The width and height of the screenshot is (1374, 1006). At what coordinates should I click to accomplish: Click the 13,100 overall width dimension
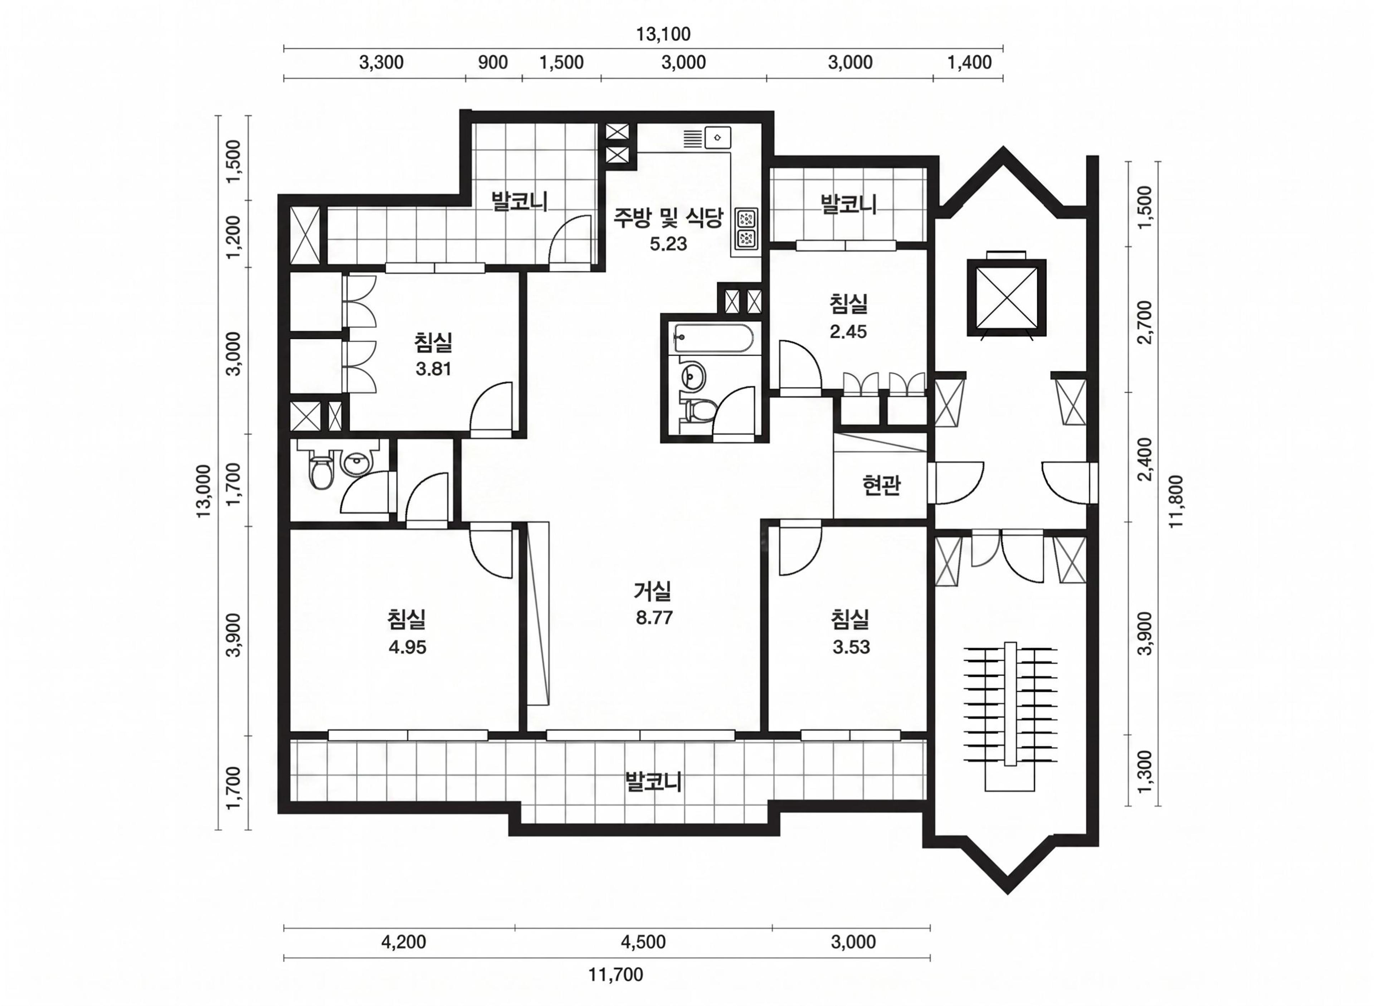pyautogui.click(x=663, y=34)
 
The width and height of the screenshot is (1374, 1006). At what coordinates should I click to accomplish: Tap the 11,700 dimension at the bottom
pyautogui.click(x=615, y=975)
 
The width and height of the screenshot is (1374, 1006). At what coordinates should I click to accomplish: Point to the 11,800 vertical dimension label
pyautogui.click(x=1175, y=501)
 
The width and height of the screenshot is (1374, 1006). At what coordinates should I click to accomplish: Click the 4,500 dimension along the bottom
pyautogui.click(x=643, y=942)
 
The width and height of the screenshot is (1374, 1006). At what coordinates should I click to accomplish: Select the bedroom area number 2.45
pyautogui.click(x=848, y=331)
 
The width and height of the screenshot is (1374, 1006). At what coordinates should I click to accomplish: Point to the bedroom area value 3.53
pyautogui.click(x=851, y=647)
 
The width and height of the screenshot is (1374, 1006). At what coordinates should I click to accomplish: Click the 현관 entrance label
pyautogui.click(x=881, y=485)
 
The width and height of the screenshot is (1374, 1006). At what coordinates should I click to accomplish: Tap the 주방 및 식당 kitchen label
pyautogui.click(x=668, y=217)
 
